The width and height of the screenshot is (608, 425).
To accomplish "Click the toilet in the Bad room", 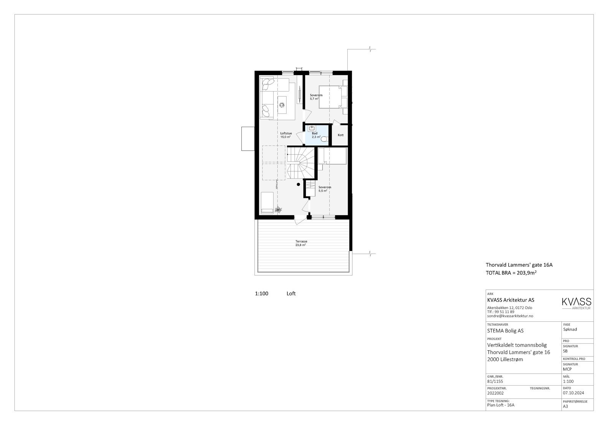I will [324, 140].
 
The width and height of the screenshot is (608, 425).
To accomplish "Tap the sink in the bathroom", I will [311, 129].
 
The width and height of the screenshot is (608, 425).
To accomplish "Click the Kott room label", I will [340, 135].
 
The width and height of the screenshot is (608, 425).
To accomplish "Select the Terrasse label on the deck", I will [301, 241].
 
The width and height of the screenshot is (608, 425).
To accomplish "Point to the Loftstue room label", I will [286, 134].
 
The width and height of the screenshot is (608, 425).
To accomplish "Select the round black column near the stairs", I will [299, 184].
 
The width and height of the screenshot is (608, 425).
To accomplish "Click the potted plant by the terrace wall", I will [278, 209].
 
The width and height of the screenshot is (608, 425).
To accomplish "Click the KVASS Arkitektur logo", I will [576, 303].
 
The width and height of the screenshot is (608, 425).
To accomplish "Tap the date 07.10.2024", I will [573, 393].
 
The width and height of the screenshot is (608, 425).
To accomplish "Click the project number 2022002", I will [495, 393].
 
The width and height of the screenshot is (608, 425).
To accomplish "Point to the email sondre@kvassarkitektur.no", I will [510, 316].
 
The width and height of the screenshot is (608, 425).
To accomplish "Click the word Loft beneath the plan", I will [291, 294].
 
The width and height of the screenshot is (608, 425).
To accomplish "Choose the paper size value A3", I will [565, 406].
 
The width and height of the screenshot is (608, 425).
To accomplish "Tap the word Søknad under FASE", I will [570, 329].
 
